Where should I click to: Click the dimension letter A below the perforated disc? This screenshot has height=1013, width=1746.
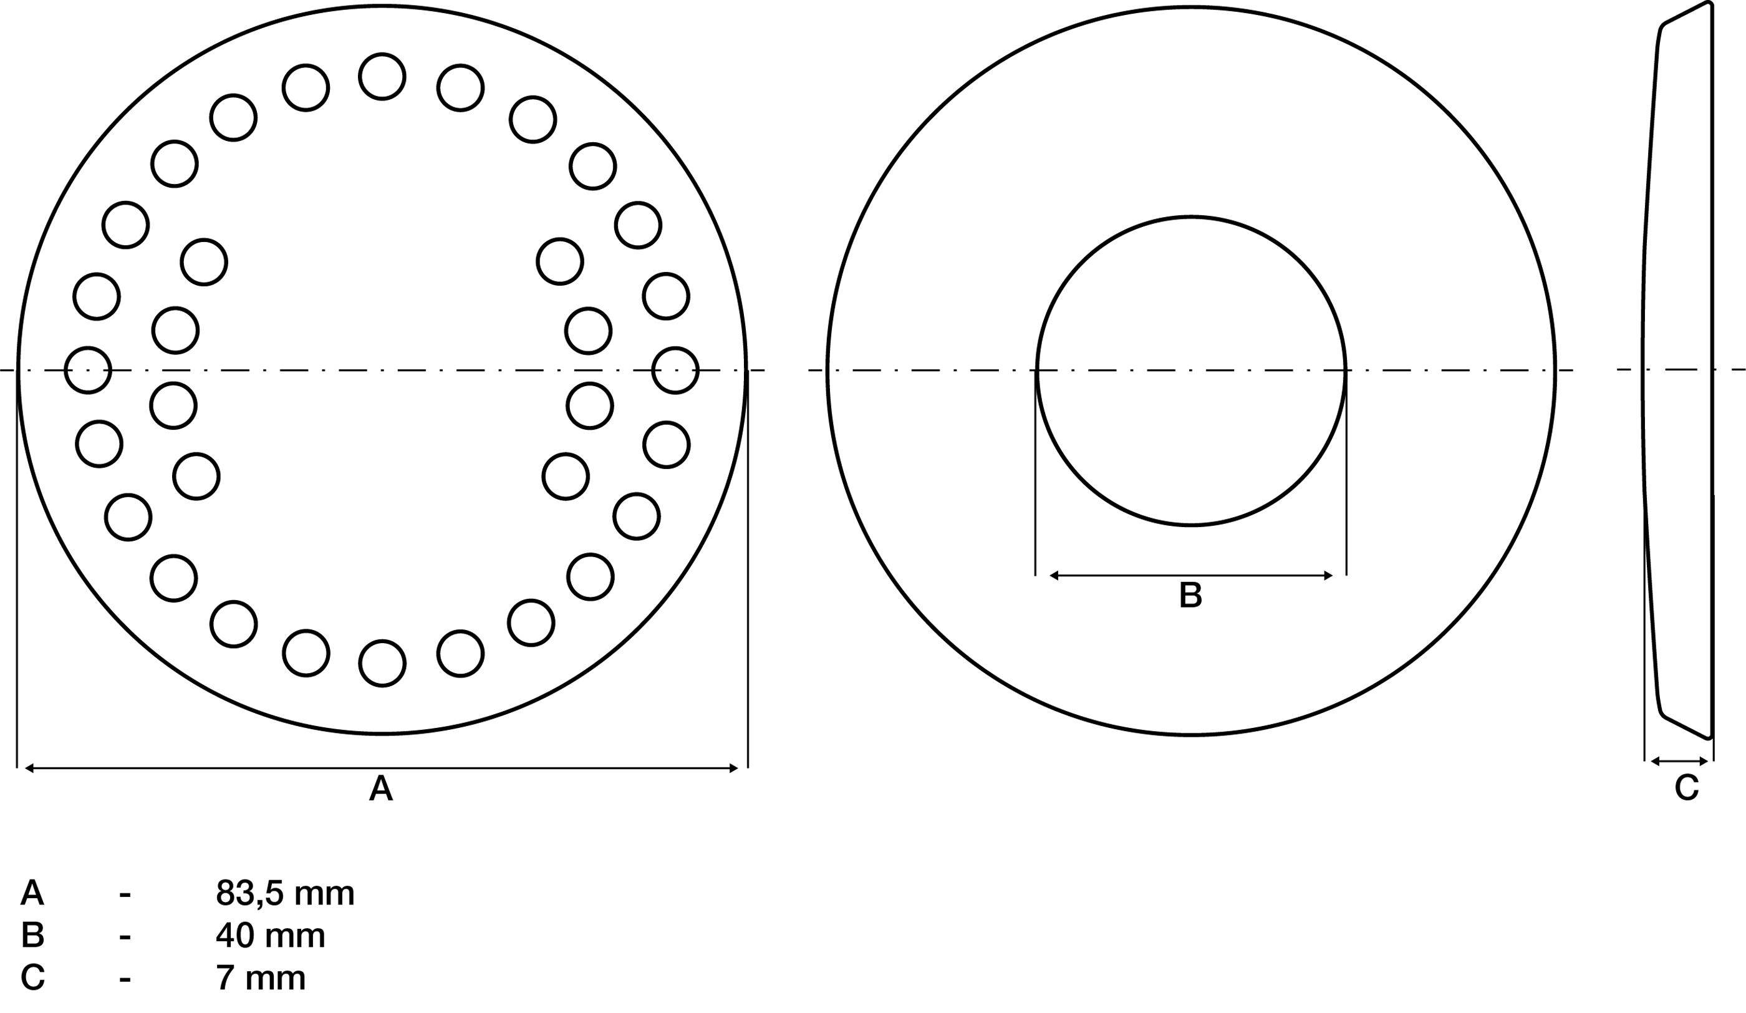tap(381, 788)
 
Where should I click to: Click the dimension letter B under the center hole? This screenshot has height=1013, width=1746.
tap(1190, 596)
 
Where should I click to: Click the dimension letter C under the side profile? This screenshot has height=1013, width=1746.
tap(1686, 788)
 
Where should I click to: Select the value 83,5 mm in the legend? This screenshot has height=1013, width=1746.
tap(285, 894)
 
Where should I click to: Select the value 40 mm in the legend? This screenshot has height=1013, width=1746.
tap(270, 936)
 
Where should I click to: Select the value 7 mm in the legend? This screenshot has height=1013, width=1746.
tap(261, 977)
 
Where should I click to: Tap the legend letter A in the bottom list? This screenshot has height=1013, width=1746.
tap(32, 894)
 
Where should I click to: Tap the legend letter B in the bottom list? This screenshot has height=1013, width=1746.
tap(32, 936)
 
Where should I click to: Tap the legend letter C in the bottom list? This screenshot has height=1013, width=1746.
tap(32, 977)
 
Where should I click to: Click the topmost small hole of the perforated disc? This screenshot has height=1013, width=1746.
tap(382, 76)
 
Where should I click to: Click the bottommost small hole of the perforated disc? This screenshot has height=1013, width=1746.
tap(382, 664)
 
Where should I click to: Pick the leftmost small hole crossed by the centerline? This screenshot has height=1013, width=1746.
tap(88, 370)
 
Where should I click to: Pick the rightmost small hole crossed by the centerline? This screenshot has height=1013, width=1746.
tap(675, 370)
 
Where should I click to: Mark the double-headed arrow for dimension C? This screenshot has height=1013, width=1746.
tap(1679, 762)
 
